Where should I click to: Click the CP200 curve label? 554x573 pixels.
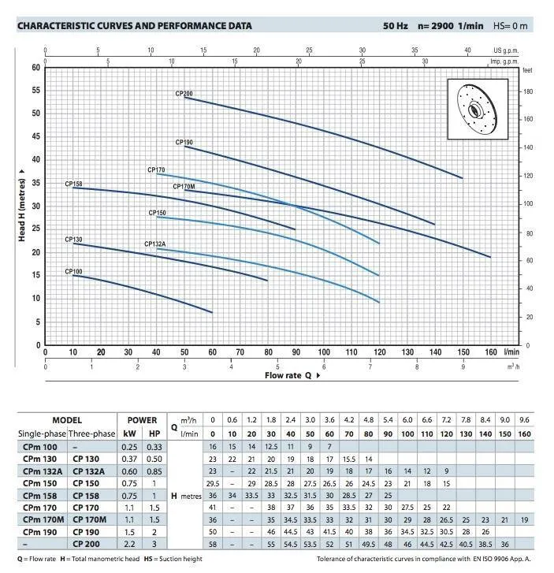point(184,94)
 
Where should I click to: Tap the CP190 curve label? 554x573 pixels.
point(184,143)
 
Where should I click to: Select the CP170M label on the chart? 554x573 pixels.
point(184,187)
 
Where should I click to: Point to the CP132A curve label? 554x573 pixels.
point(154,244)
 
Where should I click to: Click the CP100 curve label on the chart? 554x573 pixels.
point(73,272)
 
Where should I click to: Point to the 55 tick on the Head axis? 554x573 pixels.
point(35,91)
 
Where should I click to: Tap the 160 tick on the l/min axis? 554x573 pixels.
point(491,352)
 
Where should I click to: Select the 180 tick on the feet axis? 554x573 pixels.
point(528,91)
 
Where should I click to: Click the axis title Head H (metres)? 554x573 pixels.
point(22,206)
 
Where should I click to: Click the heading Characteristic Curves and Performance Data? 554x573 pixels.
point(134,26)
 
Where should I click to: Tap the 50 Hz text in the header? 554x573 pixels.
point(396,26)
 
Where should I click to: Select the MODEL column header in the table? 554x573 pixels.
point(67,420)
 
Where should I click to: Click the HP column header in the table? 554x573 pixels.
point(154,433)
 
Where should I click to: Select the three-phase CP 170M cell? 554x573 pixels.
point(89,519)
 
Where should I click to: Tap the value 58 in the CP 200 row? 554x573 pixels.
point(212,544)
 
